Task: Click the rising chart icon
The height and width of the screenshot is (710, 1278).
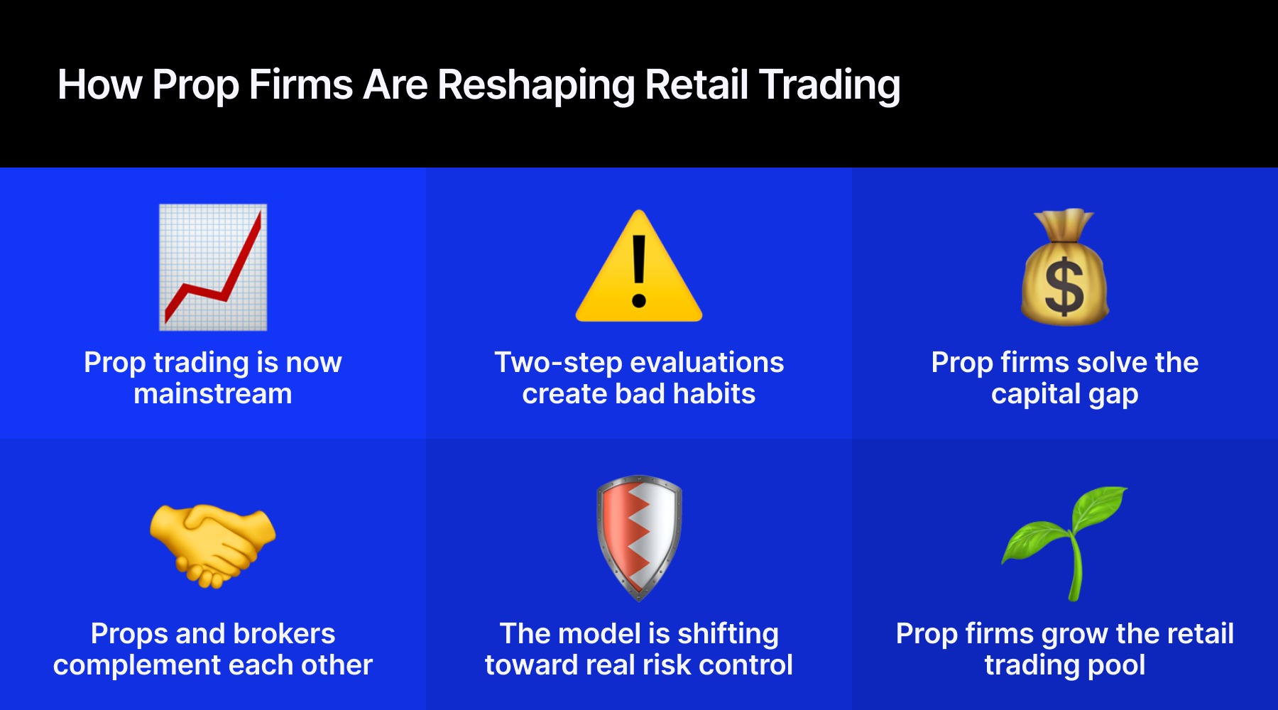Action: (213, 267)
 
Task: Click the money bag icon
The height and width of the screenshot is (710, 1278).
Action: (1064, 268)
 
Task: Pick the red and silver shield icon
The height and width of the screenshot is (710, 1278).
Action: (639, 537)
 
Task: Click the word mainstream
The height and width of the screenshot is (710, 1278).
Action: (213, 394)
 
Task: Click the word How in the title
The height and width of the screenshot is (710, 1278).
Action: (99, 84)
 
